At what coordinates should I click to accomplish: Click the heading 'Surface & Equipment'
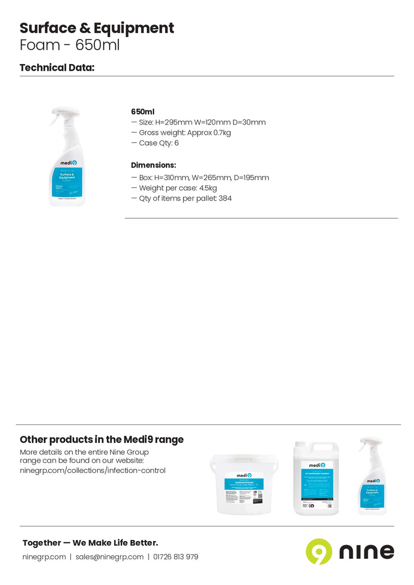97,28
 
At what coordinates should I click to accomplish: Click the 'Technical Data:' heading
57,67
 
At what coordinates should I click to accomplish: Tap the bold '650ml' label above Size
143,112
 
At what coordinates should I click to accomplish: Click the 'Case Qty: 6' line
158,143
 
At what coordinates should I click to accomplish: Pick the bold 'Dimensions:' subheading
154,165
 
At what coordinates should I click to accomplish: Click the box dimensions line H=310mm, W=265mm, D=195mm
203,178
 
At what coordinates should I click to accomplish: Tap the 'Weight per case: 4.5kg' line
178,188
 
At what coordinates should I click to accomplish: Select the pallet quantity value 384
225,198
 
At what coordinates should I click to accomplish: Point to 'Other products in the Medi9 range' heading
102,440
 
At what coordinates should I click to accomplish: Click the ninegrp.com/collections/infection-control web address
93,471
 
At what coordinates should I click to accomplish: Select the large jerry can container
316,479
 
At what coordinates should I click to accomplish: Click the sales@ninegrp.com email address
109,557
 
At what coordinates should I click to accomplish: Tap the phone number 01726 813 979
176,557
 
